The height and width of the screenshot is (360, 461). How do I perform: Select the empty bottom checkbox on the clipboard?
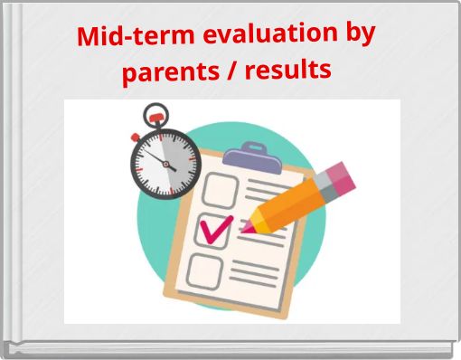click(205, 270)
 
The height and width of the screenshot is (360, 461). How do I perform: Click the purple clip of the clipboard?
click(247, 156)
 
